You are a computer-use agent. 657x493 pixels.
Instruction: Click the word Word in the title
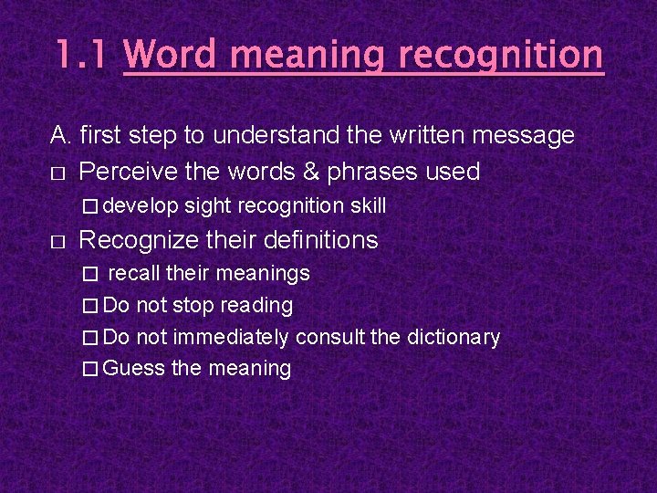point(172,56)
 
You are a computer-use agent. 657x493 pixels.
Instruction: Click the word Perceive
point(131,171)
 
